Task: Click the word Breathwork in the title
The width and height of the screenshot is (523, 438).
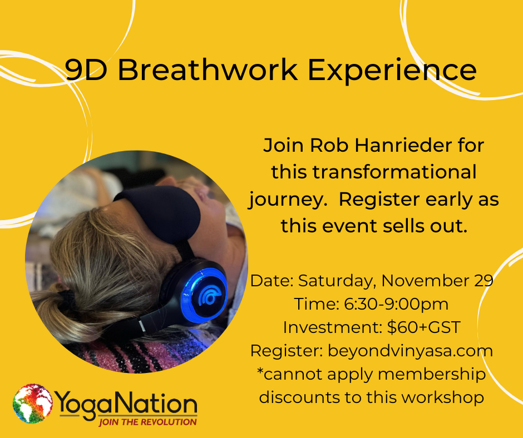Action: coord(207,69)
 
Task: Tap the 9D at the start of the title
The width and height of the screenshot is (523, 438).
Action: coord(86,69)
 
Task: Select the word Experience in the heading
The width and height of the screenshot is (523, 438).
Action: coord(392,71)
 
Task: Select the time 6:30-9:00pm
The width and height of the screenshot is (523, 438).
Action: coord(396,305)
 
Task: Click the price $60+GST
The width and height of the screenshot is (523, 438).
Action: coord(424,328)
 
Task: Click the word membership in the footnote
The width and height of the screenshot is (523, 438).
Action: coord(432,375)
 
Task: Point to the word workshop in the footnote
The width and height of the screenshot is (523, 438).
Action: coord(443,397)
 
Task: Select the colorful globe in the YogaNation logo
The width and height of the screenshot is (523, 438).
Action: coord(33,404)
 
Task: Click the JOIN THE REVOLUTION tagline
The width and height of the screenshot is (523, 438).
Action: coord(148,422)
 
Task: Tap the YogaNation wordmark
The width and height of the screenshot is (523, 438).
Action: coord(126,404)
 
